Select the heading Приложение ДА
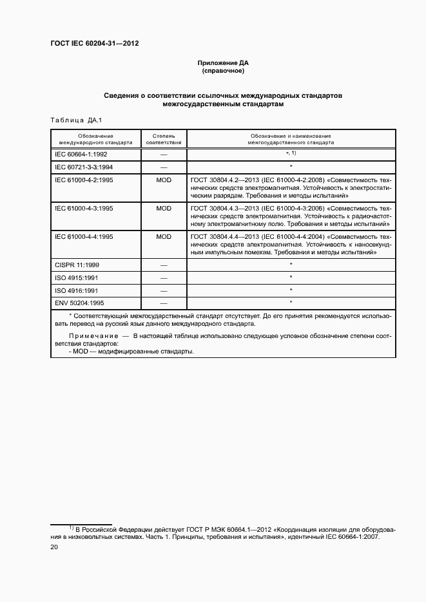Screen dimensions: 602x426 click(222, 62)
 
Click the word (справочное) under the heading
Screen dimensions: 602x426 click(222, 71)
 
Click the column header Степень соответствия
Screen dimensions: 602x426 click(164, 139)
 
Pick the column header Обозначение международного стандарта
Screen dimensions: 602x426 click(95, 139)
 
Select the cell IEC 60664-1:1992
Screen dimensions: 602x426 click(81, 155)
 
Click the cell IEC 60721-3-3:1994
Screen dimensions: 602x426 click(84, 167)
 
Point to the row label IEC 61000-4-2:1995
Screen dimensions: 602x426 click(84, 180)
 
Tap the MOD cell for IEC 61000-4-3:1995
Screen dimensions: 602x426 click(164, 209)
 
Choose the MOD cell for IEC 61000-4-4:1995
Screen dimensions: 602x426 click(164, 237)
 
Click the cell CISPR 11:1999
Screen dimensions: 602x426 click(77, 265)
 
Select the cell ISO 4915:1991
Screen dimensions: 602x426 click(76, 277)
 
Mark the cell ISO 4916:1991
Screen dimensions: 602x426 click(76, 290)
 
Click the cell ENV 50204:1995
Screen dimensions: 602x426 click(79, 302)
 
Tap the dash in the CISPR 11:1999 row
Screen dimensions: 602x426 click(164, 265)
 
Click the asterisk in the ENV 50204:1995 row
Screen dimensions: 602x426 click(291, 302)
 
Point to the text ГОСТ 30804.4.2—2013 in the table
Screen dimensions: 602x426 click(222, 180)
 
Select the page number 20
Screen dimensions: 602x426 click(54, 547)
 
